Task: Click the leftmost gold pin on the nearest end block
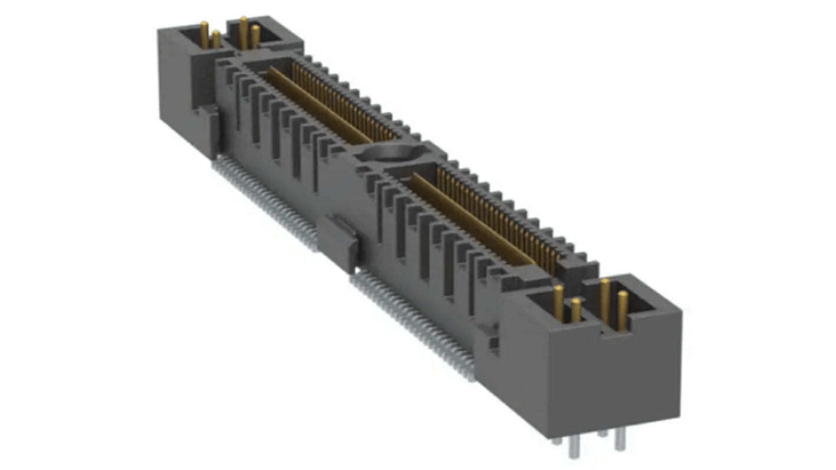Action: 558,302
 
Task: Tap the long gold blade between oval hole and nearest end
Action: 471,218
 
